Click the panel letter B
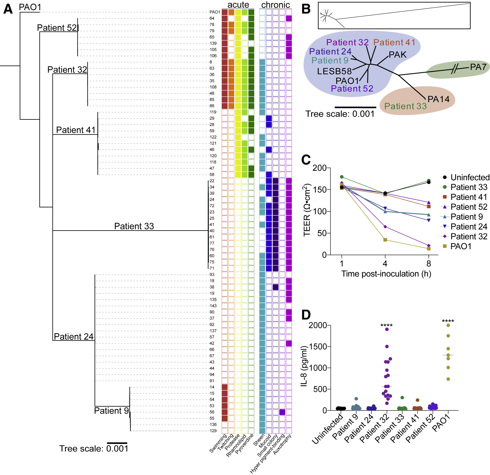pyautogui.click(x=306, y=9)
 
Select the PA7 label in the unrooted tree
pyautogui.click(x=478, y=67)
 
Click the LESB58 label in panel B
pyautogui.click(x=334, y=71)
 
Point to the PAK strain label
pyautogui.click(x=398, y=54)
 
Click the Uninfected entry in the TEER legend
pyautogui.click(x=470, y=177)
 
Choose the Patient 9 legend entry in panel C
pyautogui.click(x=466, y=217)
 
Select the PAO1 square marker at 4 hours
pyautogui.click(x=385, y=240)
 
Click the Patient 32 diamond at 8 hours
pyautogui.click(x=429, y=246)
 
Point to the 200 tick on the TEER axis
pyautogui.click(x=320, y=168)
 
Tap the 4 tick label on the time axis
pyautogui.click(x=385, y=263)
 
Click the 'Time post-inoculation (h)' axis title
pyautogui.click(x=386, y=274)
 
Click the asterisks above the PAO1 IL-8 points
pyautogui.click(x=448, y=321)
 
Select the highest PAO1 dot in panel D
pyautogui.click(x=448, y=325)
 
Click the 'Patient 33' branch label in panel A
pyautogui.click(x=134, y=226)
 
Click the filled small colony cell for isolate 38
pyautogui.click(x=275, y=287)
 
